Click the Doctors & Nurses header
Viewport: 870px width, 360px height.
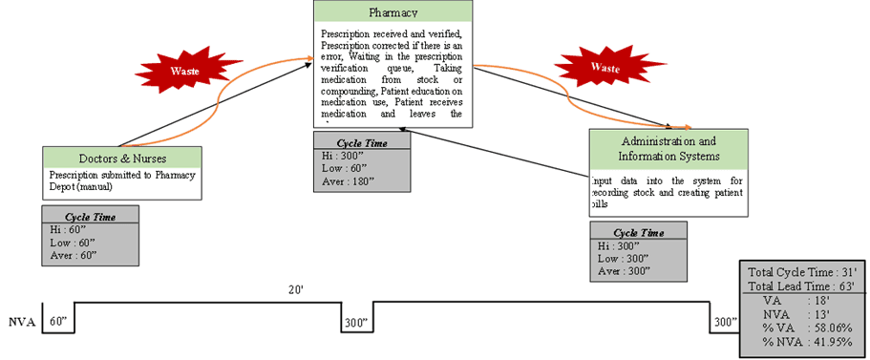(122, 158)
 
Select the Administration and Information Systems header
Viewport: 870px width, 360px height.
(668, 149)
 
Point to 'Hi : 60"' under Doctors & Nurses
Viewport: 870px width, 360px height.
(71, 230)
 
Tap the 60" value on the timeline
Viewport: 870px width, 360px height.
(58, 323)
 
